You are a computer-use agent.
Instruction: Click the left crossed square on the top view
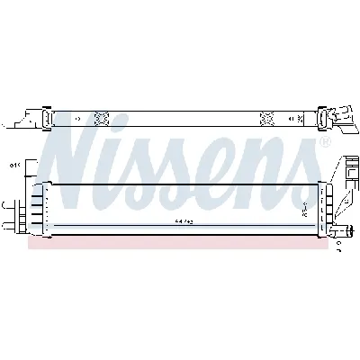tap(101, 117)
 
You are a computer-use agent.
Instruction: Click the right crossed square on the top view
tap(266, 117)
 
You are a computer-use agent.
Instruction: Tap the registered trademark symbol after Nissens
tap(326, 143)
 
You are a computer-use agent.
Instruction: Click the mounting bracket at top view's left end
tap(32, 117)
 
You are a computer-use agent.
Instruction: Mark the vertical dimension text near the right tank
tap(306, 209)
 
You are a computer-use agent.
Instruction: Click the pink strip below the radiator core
tap(180, 244)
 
